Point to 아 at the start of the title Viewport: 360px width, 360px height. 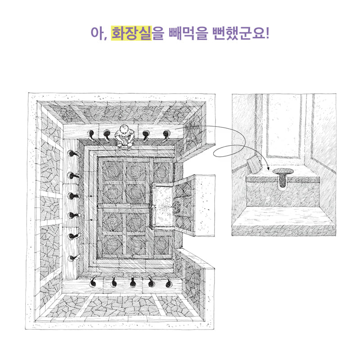pyautogui.click(x=95, y=33)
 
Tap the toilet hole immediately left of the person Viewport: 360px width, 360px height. pyautogui.click(x=108, y=133)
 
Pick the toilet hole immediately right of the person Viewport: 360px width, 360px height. pyautogui.click(x=146, y=134)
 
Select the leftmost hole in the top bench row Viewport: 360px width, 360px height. pyautogui.click(x=91, y=134)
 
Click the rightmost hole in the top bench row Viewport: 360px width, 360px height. pyautogui.click(x=166, y=134)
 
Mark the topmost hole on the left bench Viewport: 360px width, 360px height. pyautogui.click(x=72, y=154)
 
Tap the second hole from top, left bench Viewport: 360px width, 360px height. pyautogui.click(x=72, y=175)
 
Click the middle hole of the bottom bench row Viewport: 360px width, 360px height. pyautogui.click(x=133, y=283)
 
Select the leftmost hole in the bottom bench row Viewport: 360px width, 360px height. pyautogui.click(x=94, y=282)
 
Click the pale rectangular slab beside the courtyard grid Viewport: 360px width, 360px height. pyautogui.click(x=163, y=206)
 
